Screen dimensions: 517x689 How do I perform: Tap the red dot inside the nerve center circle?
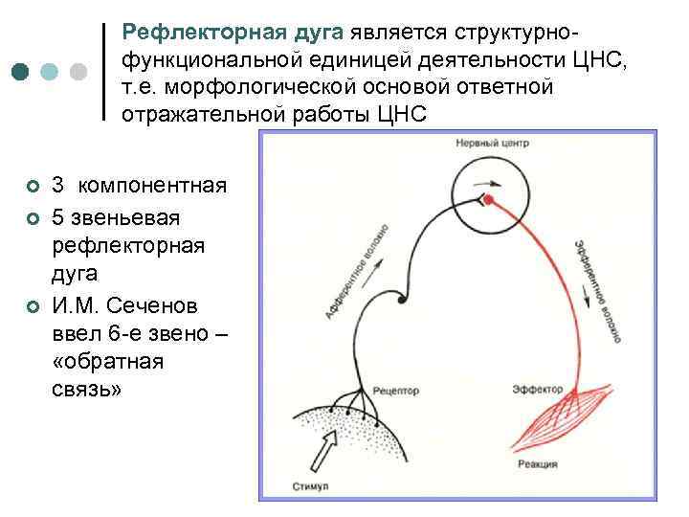coord(489,199)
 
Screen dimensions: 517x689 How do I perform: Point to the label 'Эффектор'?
coord(535,390)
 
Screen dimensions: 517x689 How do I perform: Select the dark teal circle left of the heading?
coord(21,72)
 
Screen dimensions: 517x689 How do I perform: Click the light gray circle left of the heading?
coord(79,72)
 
